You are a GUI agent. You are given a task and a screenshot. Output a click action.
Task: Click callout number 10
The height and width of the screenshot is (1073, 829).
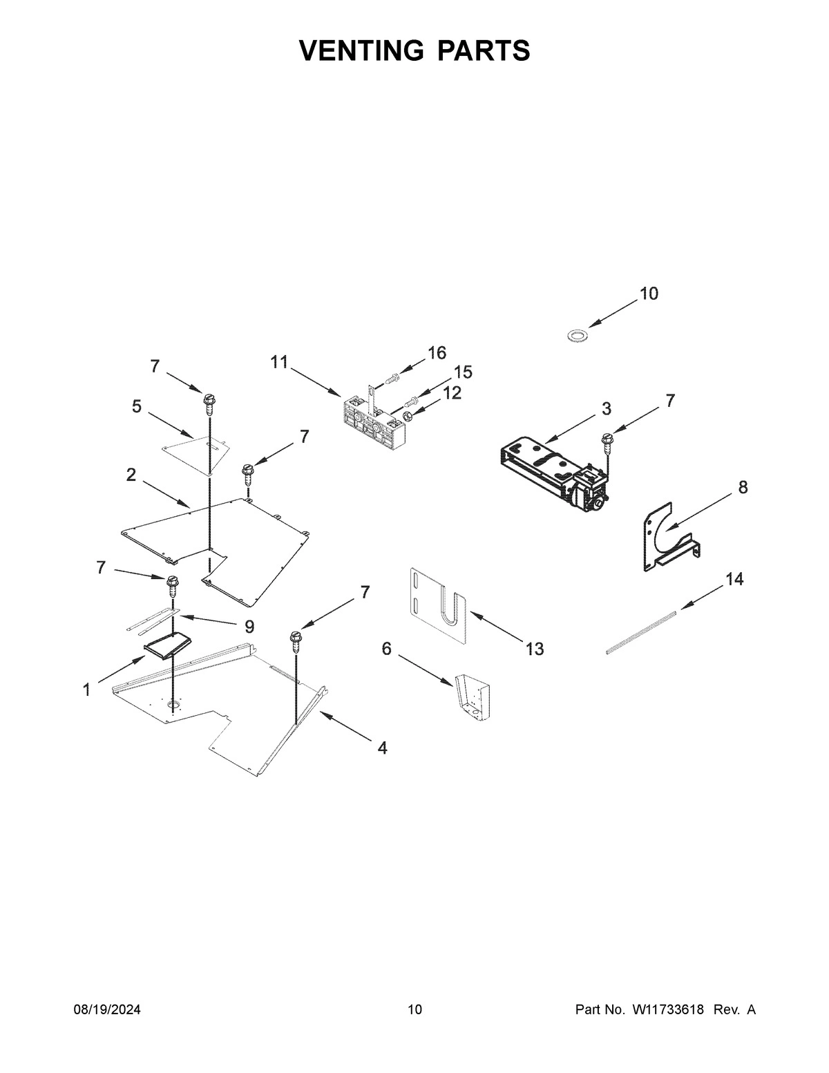tap(649, 294)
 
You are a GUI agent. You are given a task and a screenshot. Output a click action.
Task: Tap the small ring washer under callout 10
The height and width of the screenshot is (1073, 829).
tap(573, 336)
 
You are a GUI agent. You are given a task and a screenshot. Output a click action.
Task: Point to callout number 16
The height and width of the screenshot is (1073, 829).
tap(437, 353)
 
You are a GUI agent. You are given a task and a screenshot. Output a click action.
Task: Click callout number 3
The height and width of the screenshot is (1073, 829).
tap(606, 408)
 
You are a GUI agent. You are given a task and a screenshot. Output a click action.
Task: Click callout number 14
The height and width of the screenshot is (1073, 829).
tap(734, 579)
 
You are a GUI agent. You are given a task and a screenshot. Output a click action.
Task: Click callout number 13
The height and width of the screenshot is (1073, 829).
tap(534, 649)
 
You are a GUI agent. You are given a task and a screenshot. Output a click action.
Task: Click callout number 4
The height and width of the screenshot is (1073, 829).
tap(381, 748)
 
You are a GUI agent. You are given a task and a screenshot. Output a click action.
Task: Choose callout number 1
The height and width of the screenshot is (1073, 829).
tap(86, 690)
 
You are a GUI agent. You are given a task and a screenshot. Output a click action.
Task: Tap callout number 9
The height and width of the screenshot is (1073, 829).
tap(249, 627)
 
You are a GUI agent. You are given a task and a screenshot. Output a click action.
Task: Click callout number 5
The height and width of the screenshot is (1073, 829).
tap(137, 407)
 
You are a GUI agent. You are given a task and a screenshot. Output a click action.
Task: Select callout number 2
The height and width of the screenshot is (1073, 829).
tap(131, 475)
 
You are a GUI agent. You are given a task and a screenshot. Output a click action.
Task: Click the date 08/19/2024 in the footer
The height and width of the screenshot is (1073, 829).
tap(107, 1010)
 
